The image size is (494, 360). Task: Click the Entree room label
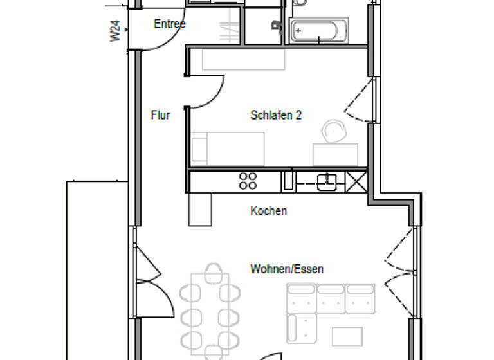pos(170,24)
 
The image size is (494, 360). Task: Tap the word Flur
pos(160,115)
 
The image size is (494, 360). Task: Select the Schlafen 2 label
pos(276,115)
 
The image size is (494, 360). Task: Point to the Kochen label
pos(268,211)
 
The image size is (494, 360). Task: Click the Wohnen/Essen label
pos(286,269)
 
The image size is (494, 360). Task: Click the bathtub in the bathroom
pos(319,30)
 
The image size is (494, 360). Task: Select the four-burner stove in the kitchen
pos(248,181)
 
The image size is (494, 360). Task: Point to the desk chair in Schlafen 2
pos(334,131)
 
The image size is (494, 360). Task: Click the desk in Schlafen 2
pos(335,154)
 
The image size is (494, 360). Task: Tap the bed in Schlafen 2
pos(228,148)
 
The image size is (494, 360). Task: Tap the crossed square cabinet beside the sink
pos(356,181)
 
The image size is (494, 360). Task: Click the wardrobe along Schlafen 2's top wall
pos(244,59)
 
